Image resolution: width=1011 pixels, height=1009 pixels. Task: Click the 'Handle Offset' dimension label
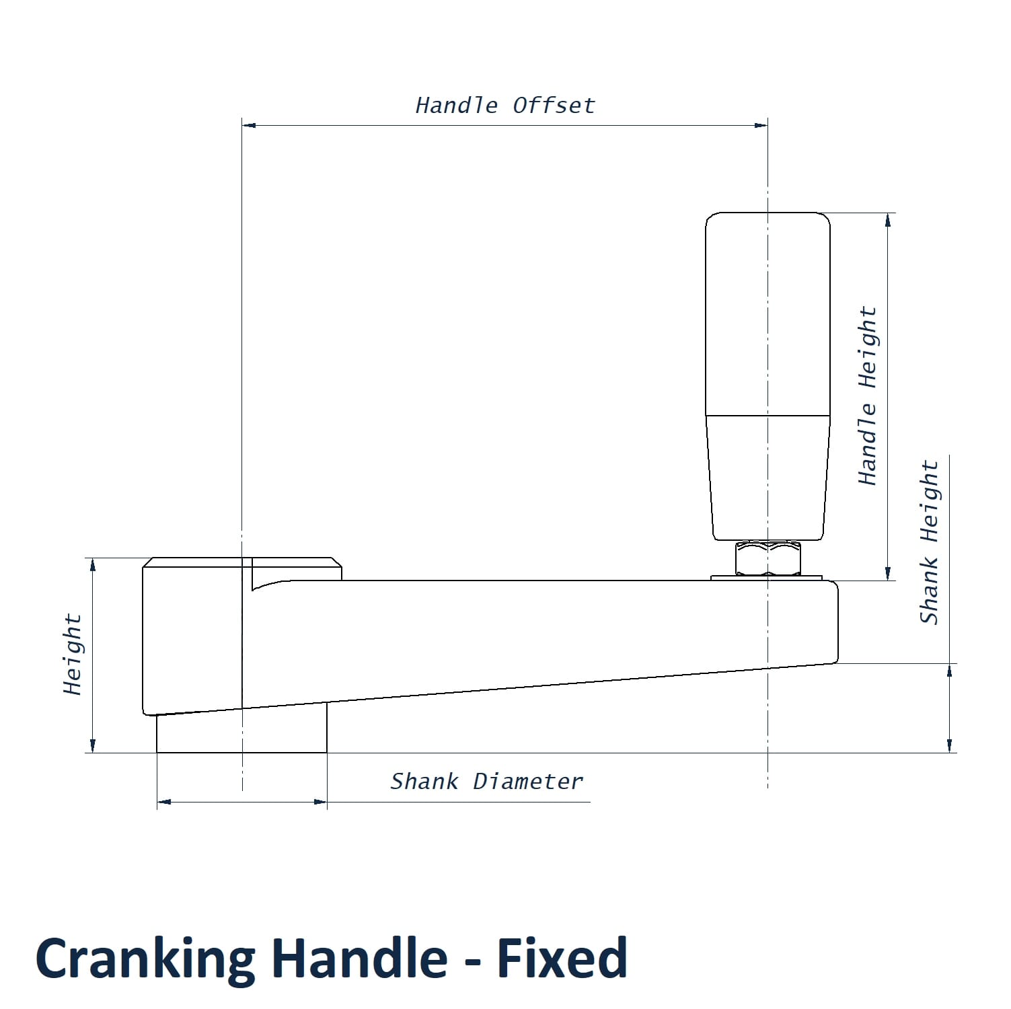[505, 106]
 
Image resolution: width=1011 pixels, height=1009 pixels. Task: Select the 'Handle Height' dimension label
[868, 396]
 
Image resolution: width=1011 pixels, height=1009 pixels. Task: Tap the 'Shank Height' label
[929, 542]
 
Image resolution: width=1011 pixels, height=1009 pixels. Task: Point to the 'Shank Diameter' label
[486, 782]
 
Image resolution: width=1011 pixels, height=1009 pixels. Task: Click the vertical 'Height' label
[72, 654]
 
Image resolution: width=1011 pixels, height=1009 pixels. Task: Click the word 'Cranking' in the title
[145, 958]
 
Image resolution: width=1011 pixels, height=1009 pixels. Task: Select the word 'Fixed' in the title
[562, 958]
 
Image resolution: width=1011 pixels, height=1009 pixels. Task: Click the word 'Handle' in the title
[360, 958]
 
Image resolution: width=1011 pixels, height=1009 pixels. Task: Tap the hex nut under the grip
[768, 558]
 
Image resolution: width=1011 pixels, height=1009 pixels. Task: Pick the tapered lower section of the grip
[767, 478]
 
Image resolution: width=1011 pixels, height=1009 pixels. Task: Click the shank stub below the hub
[241, 734]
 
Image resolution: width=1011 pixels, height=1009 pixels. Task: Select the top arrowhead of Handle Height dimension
[888, 220]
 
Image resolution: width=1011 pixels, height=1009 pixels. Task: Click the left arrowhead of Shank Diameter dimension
[164, 802]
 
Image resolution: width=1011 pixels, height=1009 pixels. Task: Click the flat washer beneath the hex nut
[767, 577]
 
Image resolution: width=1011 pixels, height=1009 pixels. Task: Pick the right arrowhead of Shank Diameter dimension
[320, 802]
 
